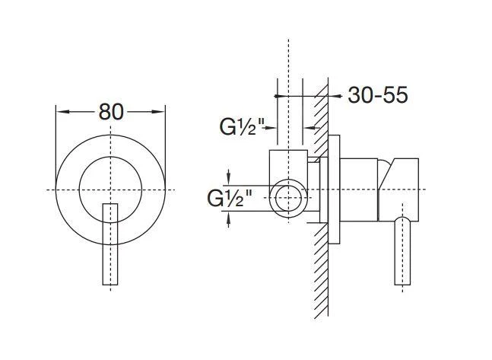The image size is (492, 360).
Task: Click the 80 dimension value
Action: pyautogui.click(x=111, y=112)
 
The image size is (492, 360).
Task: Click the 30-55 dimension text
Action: pyautogui.click(x=378, y=94)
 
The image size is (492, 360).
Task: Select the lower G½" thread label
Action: pyautogui.click(x=230, y=198)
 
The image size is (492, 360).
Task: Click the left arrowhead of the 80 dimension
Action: pyautogui.click(x=63, y=112)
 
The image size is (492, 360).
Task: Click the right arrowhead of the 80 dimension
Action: pyautogui.click(x=158, y=112)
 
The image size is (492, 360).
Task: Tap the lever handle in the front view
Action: pyautogui.click(x=110, y=244)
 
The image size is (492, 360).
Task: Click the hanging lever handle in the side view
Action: pyautogui.click(x=402, y=250)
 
